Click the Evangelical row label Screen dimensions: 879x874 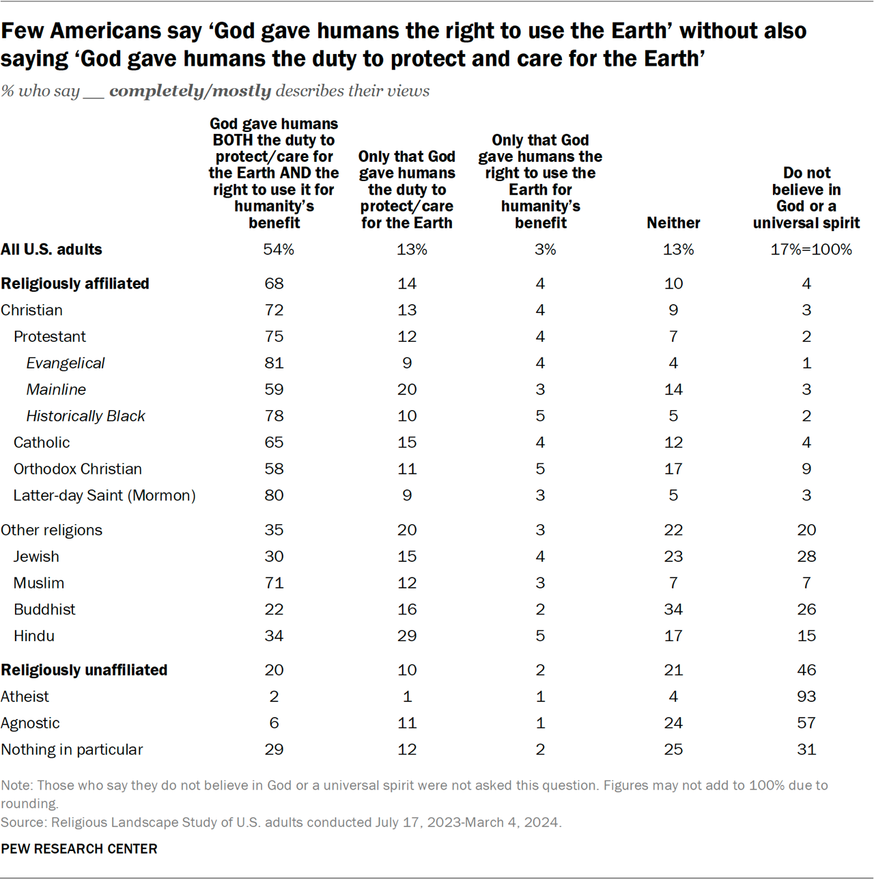[66, 363]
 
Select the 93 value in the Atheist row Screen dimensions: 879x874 [806, 697]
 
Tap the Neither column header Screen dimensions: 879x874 [673, 223]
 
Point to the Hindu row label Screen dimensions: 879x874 [34, 636]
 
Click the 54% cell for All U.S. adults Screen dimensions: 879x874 [279, 249]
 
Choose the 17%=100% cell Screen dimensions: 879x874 [811, 249]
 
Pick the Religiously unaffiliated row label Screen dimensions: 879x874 [84, 670]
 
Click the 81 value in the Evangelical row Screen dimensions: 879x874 [274, 363]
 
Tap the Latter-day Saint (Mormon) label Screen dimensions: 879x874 [104, 496]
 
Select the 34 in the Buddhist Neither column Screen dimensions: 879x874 [673, 609]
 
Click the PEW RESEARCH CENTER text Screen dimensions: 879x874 [79, 848]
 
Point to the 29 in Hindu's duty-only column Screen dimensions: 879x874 [407, 636]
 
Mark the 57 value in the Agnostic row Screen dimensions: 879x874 [806, 722]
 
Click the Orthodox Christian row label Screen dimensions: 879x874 [78, 469]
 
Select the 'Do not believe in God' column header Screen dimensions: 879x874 [806, 198]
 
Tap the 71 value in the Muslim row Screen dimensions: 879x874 [274, 583]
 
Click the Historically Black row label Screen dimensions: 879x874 [85, 416]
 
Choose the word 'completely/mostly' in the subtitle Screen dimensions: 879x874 [191, 91]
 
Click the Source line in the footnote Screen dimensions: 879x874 [281, 822]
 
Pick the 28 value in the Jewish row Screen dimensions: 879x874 [806, 556]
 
